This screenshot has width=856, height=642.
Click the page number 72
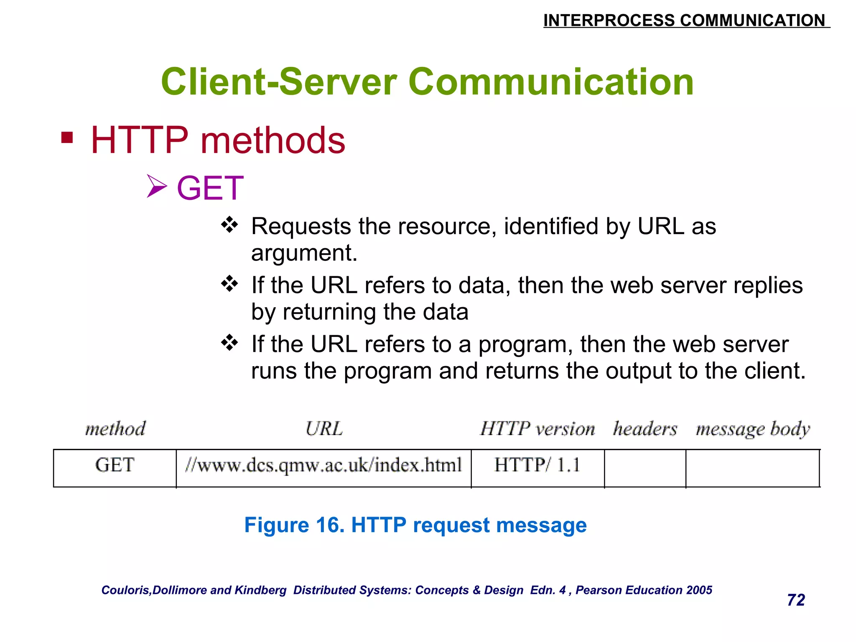(x=796, y=600)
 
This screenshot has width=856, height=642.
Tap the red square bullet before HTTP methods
(x=67, y=138)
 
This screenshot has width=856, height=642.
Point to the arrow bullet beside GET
(x=157, y=186)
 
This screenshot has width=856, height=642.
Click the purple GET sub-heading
(x=210, y=188)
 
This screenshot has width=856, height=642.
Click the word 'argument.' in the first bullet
(x=304, y=253)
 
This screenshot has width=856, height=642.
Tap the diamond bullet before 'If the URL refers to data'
(x=229, y=284)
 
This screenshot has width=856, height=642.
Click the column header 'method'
(x=115, y=429)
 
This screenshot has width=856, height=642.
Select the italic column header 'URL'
(x=324, y=429)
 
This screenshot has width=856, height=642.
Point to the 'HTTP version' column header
(x=538, y=429)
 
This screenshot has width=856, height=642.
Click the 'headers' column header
(x=645, y=429)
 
